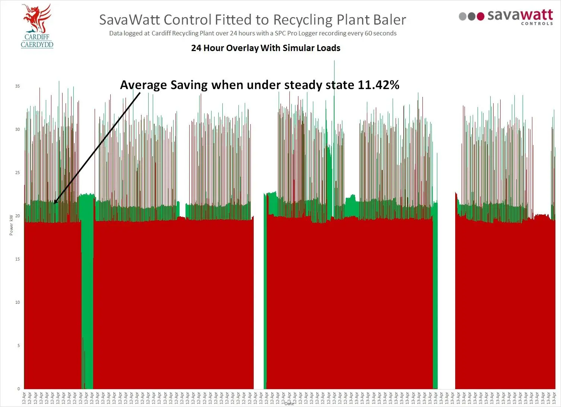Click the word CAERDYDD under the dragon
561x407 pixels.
[x=37, y=45]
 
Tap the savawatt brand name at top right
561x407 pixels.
[x=520, y=15]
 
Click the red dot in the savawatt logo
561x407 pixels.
[x=481, y=16]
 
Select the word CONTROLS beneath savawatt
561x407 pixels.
[x=537, y=24]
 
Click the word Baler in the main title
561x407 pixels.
[x=389, y=20]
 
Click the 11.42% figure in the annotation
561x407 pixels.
[x=378, y=85]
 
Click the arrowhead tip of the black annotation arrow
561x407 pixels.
[x=54, y=203]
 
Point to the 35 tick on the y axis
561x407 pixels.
[x=18, y=86]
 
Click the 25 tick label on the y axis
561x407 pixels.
[x=18, y=173]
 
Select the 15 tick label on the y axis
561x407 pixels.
[x=18, y=259]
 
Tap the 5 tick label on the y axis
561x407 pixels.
[x=19, y=346]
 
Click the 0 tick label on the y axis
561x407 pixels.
[x=19, y=389]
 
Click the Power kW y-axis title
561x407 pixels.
[x=11, y=225]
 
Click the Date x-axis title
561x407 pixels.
[x=289, y=404]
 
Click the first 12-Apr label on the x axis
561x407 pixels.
[x=25, y=398]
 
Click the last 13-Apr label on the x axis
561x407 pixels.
[x=554, y=398]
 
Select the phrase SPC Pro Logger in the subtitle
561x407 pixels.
[x=295, y=33]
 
